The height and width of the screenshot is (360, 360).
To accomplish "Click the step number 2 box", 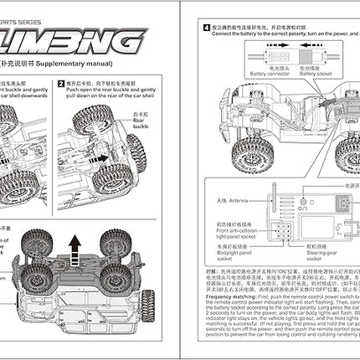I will (x=59, y=84).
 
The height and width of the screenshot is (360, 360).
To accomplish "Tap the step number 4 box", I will (x=206, y=26).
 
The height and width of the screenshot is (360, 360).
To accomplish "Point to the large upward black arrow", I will (x=74, y=248).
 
